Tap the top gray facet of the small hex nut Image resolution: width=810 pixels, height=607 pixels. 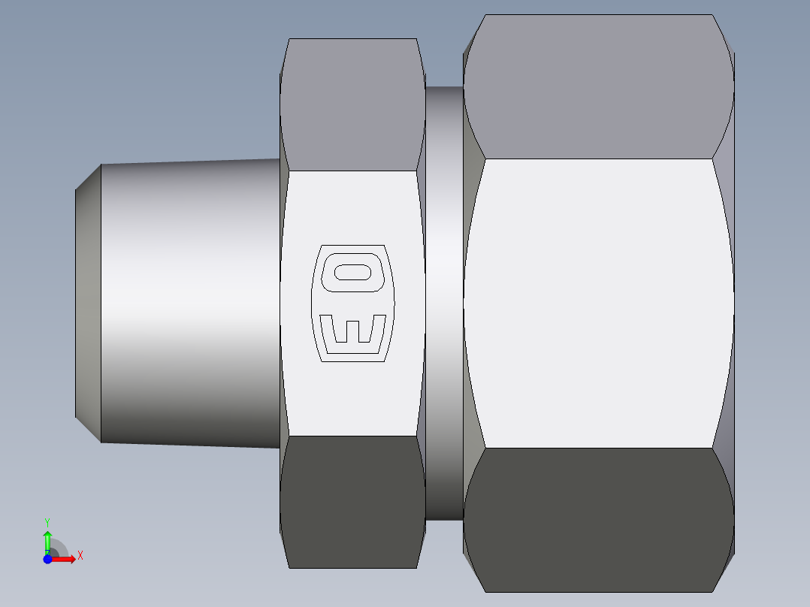pyautogui.click(x=352, y=105)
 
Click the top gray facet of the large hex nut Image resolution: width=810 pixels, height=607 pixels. pyautogui.click(x=598, y=86)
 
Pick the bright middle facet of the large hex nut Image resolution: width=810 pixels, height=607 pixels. pyautogui.click(x=598, y=303)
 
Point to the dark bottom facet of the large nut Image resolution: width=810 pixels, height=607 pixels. pyautogui.click(x=598, y=518)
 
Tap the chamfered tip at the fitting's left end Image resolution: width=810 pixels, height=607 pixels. pyautogui.click(x=88, y=303)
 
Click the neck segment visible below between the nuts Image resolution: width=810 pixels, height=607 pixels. pyautogui.click(x=444, y=488)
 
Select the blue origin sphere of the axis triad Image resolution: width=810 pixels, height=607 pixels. pyautogui.click(x=47, y=559)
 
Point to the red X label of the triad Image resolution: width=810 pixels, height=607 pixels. pyautogui.click(x=80, y=556)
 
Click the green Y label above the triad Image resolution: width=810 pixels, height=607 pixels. pyautogui.click(x=47, y=521)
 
